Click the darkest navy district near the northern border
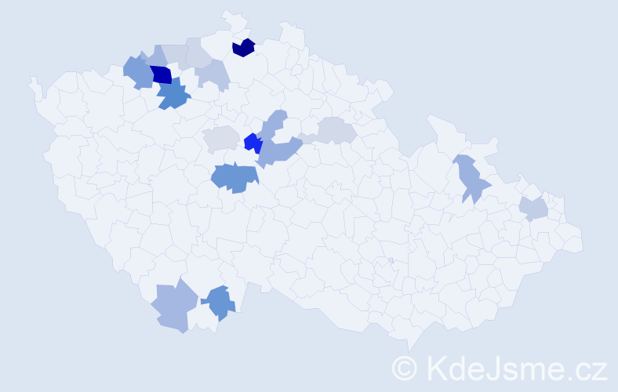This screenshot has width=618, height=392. pyautogui.click(x=244, y=48)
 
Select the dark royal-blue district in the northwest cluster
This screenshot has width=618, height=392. pyautogui.click(x=161, y=74)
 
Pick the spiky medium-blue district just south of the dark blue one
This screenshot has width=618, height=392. pyautogui.click(x=173, y=96)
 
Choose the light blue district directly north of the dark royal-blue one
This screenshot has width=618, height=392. pyautogui.click(x=156, y=57)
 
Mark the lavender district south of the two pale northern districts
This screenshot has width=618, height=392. pyautogui.click(x=213, y=74)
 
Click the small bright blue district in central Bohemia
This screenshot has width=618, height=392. pyautogui.click(x=253, y=143)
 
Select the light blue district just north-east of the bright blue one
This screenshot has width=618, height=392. pyautogui.click(x=274, y=124)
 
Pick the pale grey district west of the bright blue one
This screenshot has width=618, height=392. pyautogui.click(x=221, y=139)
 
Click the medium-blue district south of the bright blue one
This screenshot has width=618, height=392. pyautogui.click(x=234, y=177)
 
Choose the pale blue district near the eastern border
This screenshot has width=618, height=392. pyautogui.click(x=533, y=209)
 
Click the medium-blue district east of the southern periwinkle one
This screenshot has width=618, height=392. pyautogui.click(x=220, y=302)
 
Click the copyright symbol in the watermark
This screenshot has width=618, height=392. pyautogui.click(x=405, y=367)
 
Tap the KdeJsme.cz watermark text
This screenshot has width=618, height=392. pyautogui.click(x=514, y=367)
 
